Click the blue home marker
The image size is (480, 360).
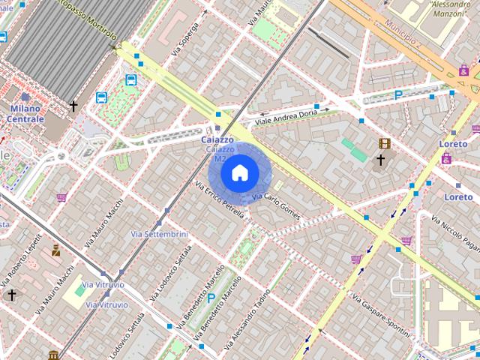click(238, 173)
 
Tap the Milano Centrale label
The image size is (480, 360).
click(27, 113)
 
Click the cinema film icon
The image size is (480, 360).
click(385, 143)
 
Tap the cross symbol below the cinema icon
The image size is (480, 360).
click(381, 160)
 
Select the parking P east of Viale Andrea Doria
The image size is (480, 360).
click(398, 94)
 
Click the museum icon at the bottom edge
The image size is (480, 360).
click(52, 354)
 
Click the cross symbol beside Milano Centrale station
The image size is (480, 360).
click(73, 106)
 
